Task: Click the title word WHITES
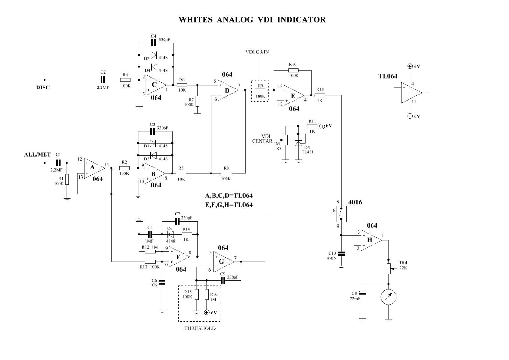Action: (195, 20)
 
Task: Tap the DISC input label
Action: (43, 88)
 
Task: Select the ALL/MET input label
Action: (38, 155)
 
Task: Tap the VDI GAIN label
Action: (257, 52)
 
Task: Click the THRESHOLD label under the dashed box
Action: (200, 328)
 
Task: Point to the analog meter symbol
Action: (388, 297)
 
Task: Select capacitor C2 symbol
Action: (103, 80)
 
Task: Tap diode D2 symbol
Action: (154, 55)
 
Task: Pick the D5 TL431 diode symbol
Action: (298, 143)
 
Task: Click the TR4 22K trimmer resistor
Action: (389, 268)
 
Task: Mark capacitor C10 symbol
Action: (341, 254)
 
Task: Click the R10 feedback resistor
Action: (293, 70)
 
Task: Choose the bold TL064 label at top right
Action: (387, 76)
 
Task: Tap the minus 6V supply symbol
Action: (410, 116)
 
